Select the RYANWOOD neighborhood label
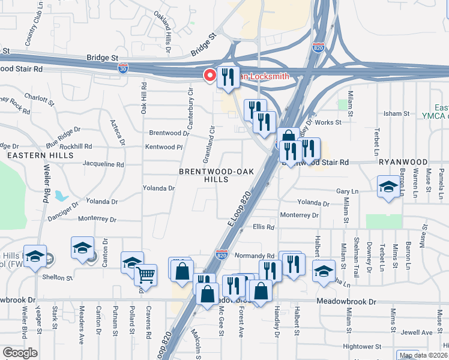pos(403,162)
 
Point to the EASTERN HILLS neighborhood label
pos(23,155)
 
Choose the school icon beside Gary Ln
pos(388,187)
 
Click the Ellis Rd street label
pos(263,227)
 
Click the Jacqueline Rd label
pos(103,164)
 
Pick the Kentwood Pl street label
pos(163,147)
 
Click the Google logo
pos(20,353)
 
